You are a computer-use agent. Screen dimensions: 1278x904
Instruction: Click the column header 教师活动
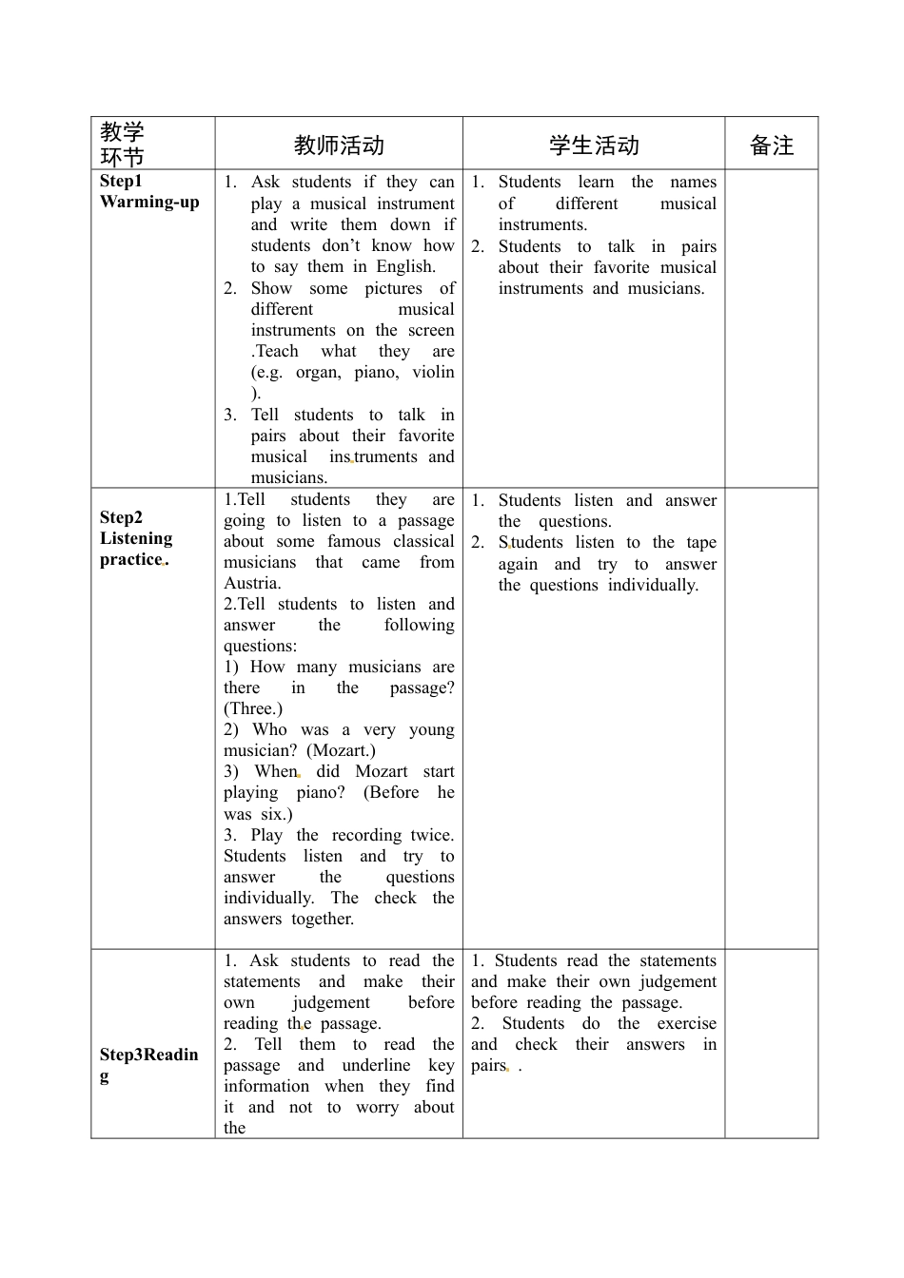pyautogui.click(x=339, y=145)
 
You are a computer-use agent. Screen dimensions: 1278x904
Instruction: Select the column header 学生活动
pyautogui.click(x=594, y=145)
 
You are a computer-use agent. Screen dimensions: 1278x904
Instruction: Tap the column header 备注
pyautogui.click(x=771, y=145)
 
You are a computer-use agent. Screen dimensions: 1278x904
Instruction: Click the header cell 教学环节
pyautogui.click(x=122, y=145)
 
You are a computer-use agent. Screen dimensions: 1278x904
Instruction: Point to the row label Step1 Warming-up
pyautogui.click(x=149, y=191)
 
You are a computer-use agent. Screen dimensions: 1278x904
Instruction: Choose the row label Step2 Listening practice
pyautogui.click(x=136, y=538)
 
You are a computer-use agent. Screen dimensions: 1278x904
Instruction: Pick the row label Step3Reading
pyautogui.click(x=148, y=1064)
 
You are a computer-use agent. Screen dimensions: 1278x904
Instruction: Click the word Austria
pyautogui.click(x=252, y=583)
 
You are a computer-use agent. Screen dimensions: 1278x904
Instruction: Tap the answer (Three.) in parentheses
pyautogui.click(x=253, y=708)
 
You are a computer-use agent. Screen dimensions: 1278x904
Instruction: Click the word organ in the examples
pyautogui.click(x=318, y=372)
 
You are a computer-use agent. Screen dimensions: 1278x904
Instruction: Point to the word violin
pyautogui.click(x=433, y=372)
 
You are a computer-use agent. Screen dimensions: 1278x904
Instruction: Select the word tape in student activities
pyautogui.click(x=701, y=542)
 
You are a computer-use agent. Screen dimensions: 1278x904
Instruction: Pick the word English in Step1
pyautogui.click(x=405, y=266)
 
